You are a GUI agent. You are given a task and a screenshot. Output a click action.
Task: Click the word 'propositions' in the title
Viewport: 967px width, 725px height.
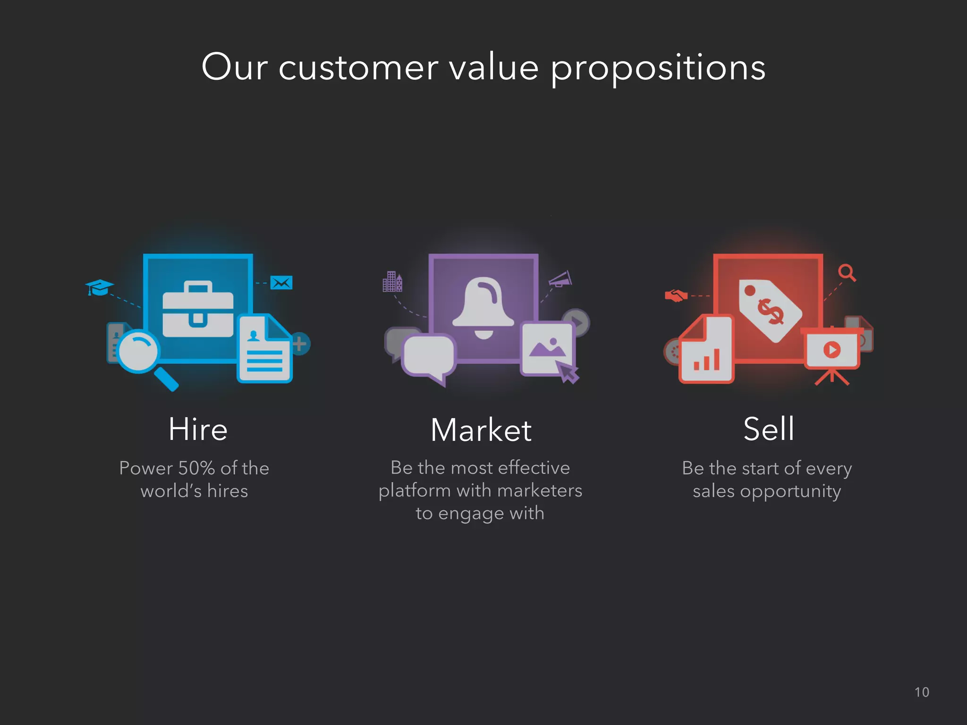(x=658, y=68)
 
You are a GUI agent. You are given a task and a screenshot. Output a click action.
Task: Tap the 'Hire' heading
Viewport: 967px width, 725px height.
(x=198, y=429)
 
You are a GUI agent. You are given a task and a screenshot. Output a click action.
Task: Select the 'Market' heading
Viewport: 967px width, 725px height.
(x=481, y=430)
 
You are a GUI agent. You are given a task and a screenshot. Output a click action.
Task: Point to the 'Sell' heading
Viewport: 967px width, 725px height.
(x=769, y=429)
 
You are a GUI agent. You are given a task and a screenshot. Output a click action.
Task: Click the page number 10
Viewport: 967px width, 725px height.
(x=922, y=692)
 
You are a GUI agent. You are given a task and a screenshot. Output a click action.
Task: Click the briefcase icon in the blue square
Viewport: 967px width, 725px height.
(x=198, y=309)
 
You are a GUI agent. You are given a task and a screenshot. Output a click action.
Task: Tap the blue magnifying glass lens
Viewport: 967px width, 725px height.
(x=138, y=352)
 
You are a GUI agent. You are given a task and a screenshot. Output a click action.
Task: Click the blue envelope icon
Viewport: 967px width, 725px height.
(x=281, y=283)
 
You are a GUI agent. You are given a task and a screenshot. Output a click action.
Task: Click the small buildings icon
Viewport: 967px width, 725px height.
(x=392, y=282)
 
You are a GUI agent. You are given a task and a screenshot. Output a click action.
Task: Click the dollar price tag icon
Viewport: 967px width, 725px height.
(x=770, y=310)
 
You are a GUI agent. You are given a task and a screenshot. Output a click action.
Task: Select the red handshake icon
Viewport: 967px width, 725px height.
(x=676, y=296)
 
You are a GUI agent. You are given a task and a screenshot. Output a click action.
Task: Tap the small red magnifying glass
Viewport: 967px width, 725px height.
(x=846, y=272)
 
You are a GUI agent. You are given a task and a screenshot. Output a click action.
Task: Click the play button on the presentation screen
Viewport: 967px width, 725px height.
(x=832, y=350)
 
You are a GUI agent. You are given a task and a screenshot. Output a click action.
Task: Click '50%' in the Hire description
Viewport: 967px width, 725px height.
(x=196, y=468)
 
